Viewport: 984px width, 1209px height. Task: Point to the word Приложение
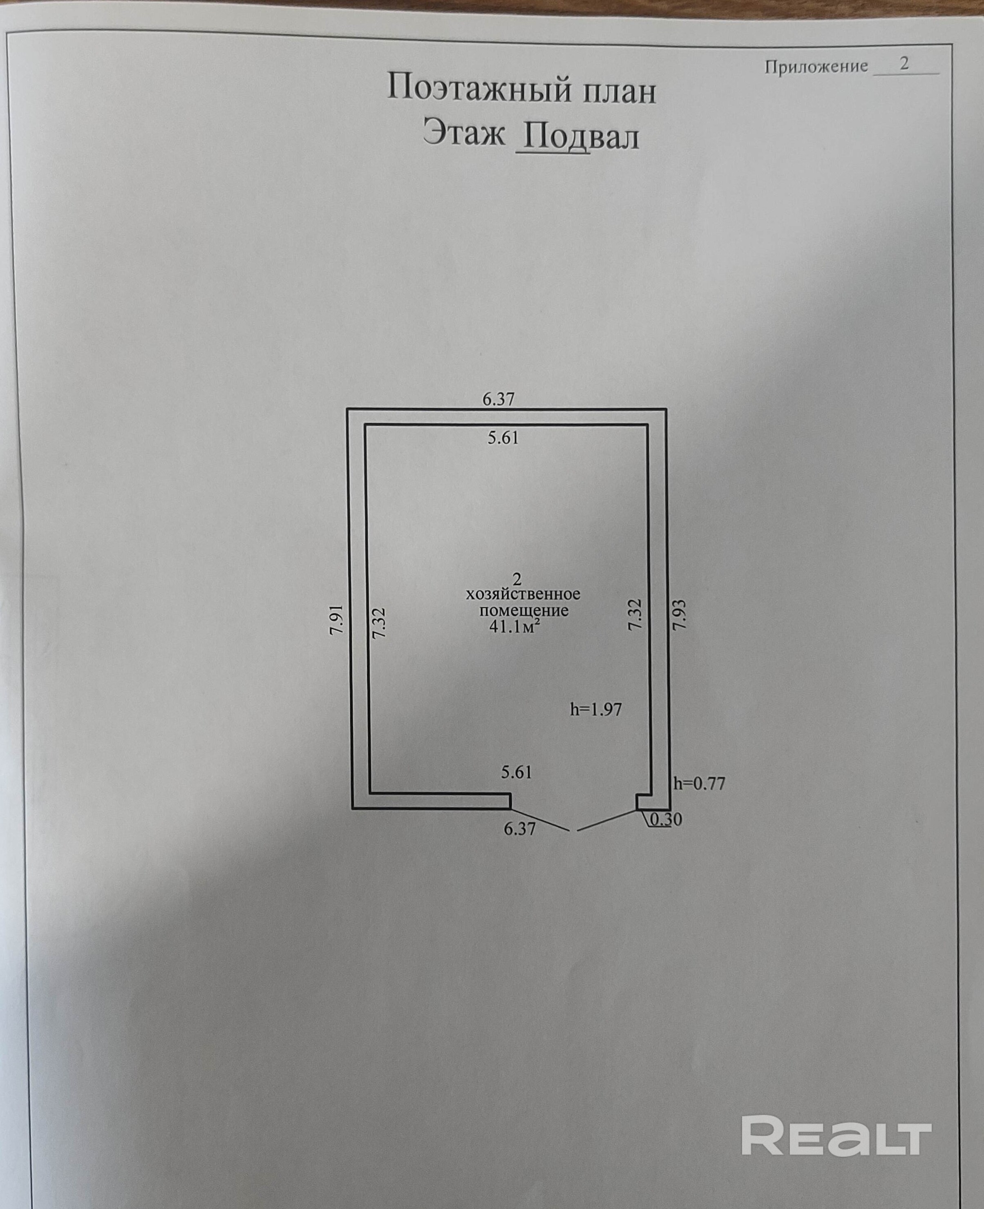816,67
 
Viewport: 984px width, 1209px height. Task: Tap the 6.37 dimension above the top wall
498,399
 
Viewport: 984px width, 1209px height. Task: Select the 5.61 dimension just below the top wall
503,438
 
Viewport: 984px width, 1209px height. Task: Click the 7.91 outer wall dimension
337,619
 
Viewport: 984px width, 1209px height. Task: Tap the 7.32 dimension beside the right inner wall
635,615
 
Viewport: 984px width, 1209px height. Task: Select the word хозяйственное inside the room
523,594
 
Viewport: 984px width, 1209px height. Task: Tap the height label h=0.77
699,783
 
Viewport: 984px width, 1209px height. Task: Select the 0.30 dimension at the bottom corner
666,820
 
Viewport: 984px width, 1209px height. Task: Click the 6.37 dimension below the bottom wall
520,829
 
